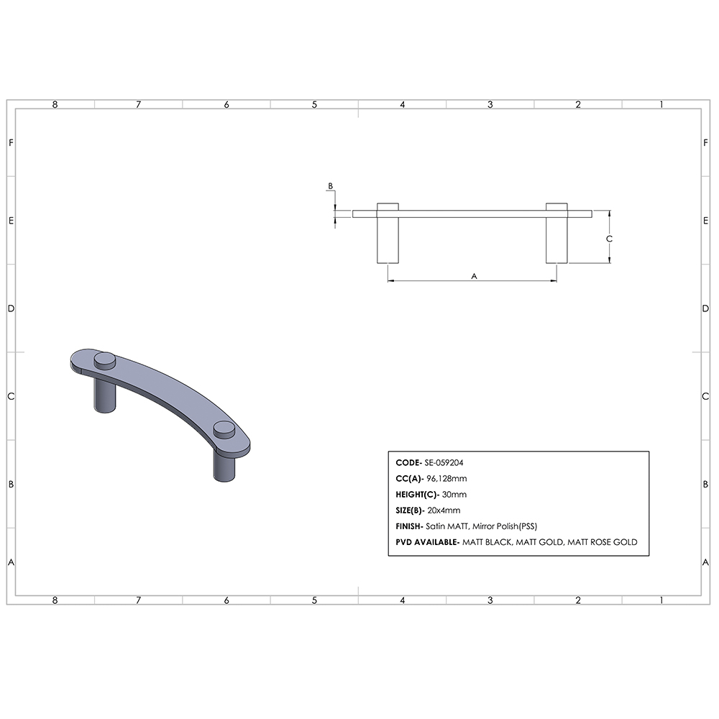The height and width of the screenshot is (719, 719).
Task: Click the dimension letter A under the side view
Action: click(473, 275)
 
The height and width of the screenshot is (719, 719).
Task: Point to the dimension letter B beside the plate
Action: click(330, 186)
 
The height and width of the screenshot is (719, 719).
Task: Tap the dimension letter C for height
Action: click(609, 238)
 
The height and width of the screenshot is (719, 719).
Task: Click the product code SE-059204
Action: click(449, 463)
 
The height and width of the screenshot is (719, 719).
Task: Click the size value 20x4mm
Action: click(444, 510)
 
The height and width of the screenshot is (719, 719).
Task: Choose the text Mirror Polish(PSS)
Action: click(504, 526)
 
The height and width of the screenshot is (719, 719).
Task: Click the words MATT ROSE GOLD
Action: click(602, 542)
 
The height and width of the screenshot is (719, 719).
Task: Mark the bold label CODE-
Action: click(408, 463)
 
